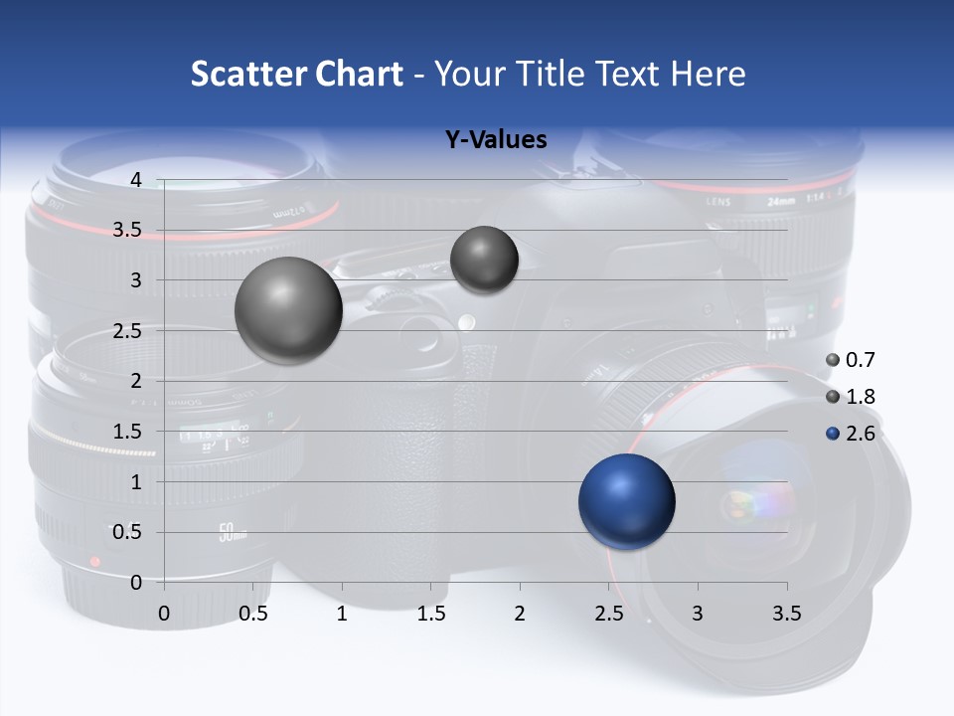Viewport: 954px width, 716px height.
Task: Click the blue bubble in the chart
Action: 626,501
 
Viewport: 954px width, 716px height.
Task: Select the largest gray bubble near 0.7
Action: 288,310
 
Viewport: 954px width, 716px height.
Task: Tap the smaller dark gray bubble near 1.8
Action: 484,260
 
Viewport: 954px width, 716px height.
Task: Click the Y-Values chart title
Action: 496,139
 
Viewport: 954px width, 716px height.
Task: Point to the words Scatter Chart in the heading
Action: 297,74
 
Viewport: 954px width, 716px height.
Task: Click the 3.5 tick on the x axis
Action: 787,614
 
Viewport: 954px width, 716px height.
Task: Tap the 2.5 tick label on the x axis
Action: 608,614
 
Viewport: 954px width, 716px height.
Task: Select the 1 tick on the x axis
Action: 342,614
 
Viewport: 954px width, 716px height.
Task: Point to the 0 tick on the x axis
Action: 164,614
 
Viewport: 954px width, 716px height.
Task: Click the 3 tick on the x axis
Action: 698,614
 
